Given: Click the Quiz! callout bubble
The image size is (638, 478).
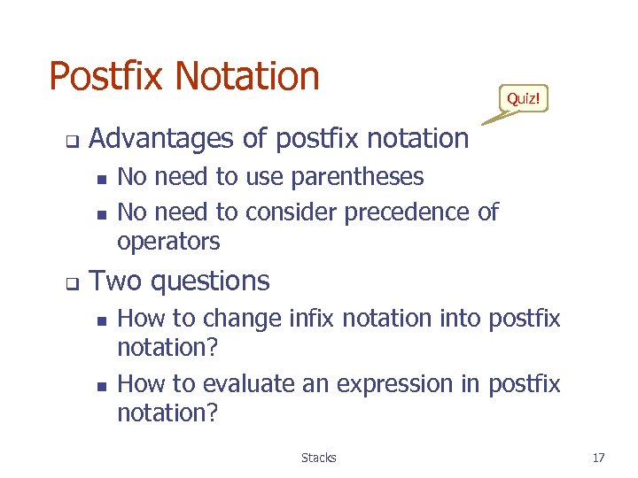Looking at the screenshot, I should tap(523, 98).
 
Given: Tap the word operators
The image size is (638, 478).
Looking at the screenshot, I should tap(168, 242).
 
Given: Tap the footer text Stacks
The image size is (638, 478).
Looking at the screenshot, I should tap(318, 458).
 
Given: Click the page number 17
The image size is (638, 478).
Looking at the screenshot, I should tap(598, 458).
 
